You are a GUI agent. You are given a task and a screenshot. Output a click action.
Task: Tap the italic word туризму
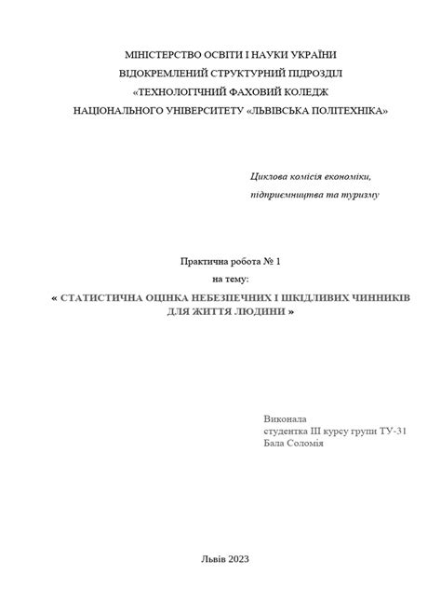point(357,195)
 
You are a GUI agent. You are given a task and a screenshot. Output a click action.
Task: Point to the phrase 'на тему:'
point(232,279)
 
